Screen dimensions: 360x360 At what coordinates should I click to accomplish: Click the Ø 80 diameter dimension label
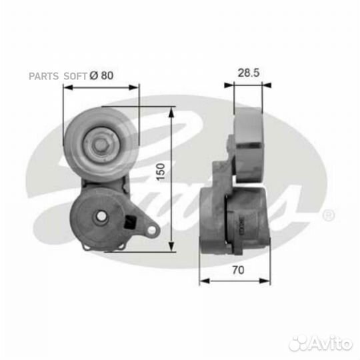click(x=101, y=75)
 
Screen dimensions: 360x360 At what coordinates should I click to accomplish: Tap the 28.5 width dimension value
click(x=249, y=73)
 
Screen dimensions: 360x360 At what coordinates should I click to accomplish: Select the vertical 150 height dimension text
click(x=161, y=172)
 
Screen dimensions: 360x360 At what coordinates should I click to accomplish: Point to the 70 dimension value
click(x=238, y=270)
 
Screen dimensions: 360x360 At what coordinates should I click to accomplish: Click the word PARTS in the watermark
click(x=43, y=76)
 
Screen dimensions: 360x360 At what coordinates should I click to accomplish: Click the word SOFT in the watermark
click(x=75, y=76)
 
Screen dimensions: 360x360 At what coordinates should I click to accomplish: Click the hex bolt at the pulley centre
click(x=100, y=145)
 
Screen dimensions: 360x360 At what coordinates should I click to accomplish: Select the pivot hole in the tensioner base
click(x=101, y=216)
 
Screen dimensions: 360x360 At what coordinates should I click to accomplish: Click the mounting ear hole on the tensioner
click(x=151, y=230)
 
